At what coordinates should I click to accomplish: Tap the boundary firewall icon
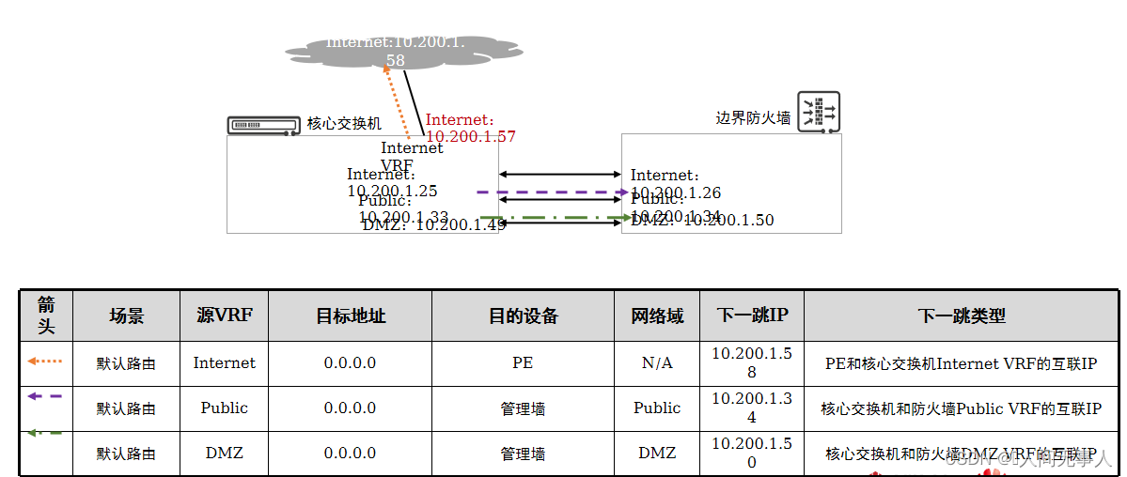[x=818, y=113]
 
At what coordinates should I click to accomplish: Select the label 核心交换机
[x=344, y=124]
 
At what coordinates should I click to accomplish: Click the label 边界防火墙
[x=753, y=118]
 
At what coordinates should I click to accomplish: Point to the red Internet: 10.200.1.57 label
[x=470, y=128]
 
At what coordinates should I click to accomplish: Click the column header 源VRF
[x=224, y=315]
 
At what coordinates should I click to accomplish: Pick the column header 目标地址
[x=350, y=315]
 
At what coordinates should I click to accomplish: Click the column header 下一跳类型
[x=961, y=315]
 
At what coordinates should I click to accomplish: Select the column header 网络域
[x=657, y=315]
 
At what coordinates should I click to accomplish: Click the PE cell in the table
[x=523, y=362]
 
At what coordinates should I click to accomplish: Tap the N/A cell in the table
[x=657, y=362]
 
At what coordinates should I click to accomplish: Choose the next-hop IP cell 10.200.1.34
[x=751, y=408]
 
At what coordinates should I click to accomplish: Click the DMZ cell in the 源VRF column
[x=224, y=453]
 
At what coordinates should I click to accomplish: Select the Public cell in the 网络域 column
[x=657, y=408]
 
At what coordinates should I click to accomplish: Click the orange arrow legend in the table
[x=45, y=361]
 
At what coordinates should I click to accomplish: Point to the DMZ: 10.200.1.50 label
[x=703, y=221]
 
